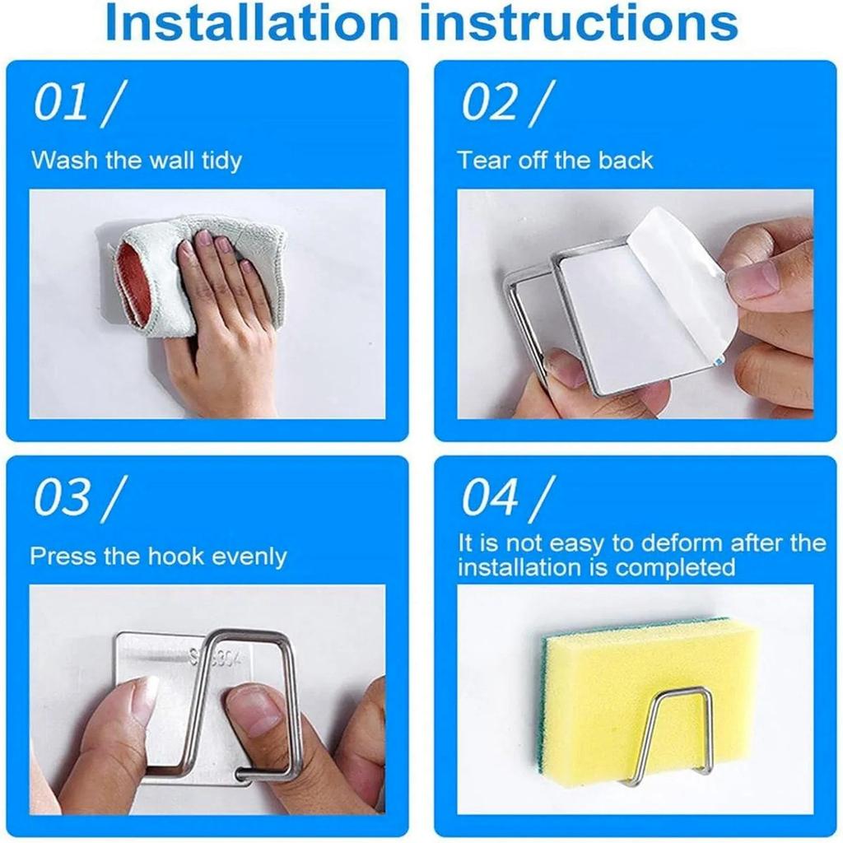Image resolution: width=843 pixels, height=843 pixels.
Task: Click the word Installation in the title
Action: pyautogui.click(x=252, y=21)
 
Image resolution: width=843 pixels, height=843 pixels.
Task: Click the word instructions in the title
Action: pyautogui.click(x=578, y=21)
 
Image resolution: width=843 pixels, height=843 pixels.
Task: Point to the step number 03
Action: pyautogui.click(x=61, y=497)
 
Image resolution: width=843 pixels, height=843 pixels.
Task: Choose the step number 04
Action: pyautogui.click(x=490, y=497)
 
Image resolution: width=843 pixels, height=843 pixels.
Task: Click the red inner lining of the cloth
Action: pyautogui.click(x=131, y=285)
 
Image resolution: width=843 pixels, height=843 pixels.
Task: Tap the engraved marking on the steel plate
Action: pyautogui.click(x=215, y=658)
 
